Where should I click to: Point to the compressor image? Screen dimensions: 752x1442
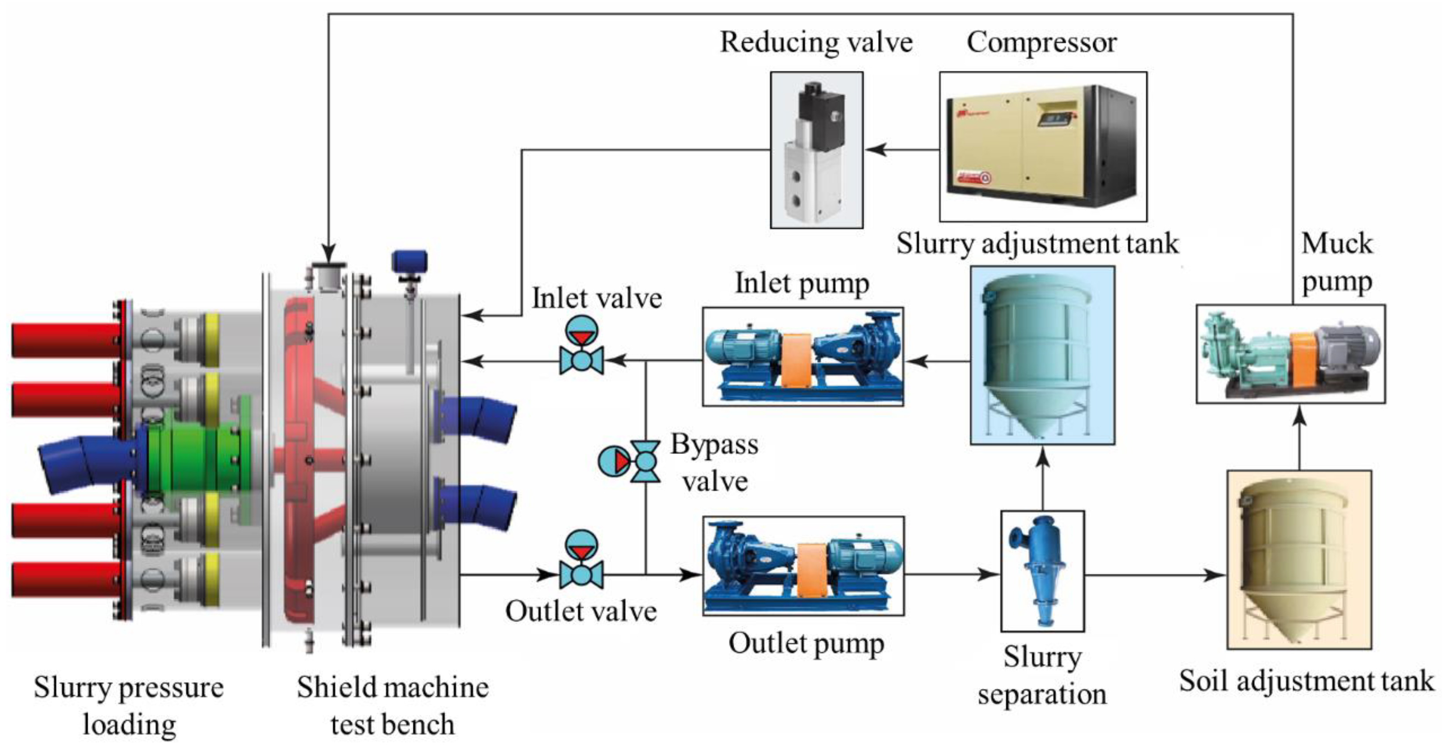1043,147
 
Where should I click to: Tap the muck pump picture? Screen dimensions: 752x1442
1290,354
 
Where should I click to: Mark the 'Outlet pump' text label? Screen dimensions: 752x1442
806,644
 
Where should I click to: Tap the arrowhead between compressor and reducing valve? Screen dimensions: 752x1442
877,150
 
